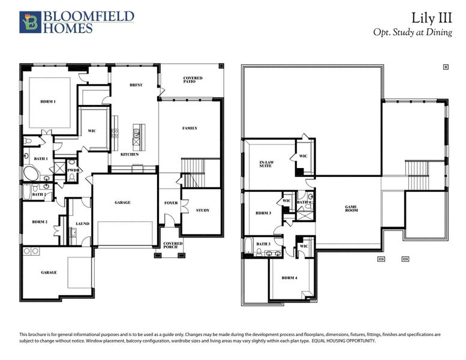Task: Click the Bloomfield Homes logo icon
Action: (29, 22)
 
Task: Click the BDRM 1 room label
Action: (48, 101)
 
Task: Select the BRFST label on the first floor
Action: (136, 85)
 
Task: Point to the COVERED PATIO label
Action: (193, 80)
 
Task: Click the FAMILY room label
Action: (190, 128)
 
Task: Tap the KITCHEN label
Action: (130, 154)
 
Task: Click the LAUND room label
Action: (82, 224)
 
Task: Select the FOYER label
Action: (171, 203)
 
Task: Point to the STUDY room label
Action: (203, 210)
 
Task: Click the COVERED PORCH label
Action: (173, 245)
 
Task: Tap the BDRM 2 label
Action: (40, 222)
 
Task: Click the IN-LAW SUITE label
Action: (266, 164)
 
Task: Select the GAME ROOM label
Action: (351, 209)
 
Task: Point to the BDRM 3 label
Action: (263, 213)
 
